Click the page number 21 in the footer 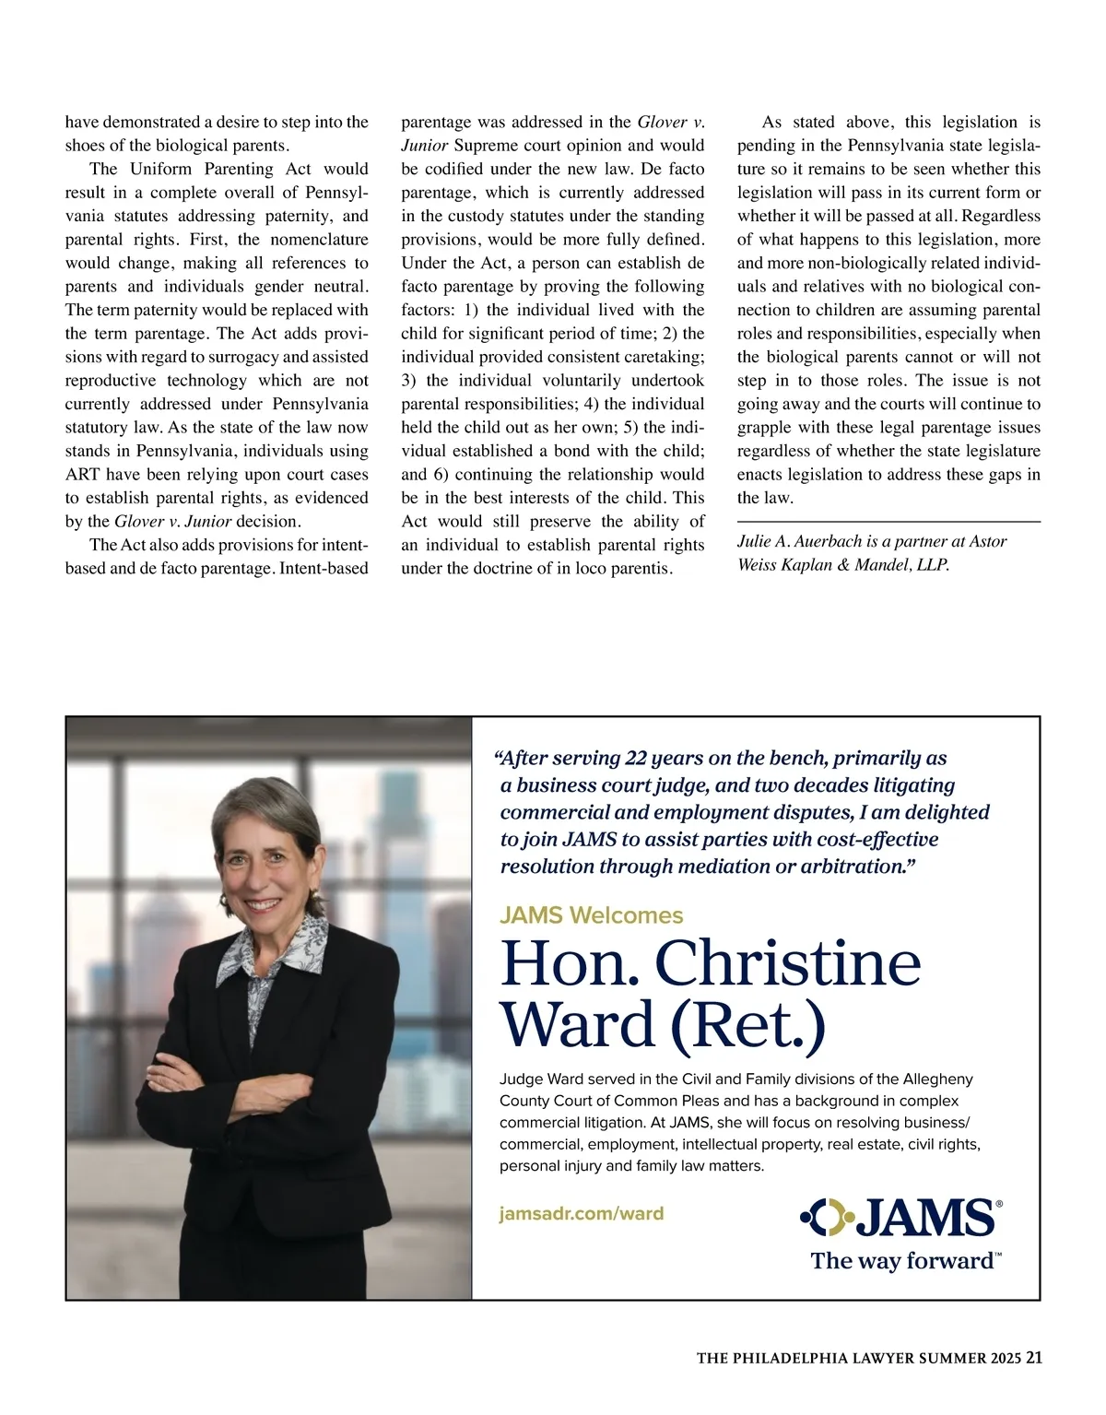click(1034, 1357)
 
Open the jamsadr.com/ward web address click(581, 1213)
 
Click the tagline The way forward click(902, 1261)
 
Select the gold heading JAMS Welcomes click(591, 915)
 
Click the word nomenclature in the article click(319, 240)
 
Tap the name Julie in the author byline click(755, 541)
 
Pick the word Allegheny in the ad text click(937, 1079)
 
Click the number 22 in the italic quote click(634, 758)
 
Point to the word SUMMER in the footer click(957, 1358)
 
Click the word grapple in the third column click(765, 428)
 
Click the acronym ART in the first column click(82, 475)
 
